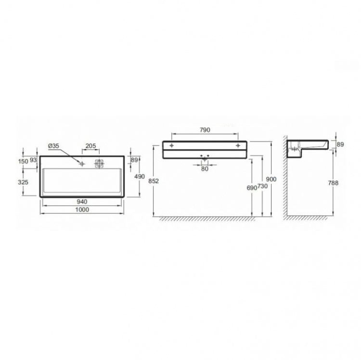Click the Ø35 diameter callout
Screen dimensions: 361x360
pos(53,146)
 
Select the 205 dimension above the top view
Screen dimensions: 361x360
pos(90,146)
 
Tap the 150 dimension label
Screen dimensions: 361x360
pos(23,161)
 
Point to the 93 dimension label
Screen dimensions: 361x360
pos(33,160)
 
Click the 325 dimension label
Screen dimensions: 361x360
pos(23,182)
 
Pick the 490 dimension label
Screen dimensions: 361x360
pos(140,177)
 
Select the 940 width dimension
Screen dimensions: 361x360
pos(82,202)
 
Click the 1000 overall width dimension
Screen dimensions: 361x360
pos(82,210)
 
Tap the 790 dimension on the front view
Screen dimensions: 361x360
pos(205,130)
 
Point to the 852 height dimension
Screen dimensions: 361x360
pos(154,181)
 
